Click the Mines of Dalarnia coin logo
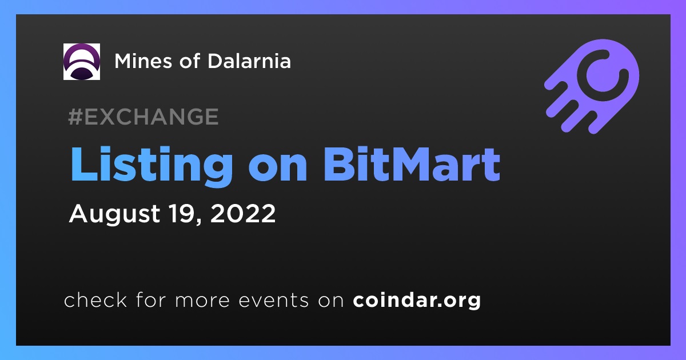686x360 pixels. click(x=81, y=62)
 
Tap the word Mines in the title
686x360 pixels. click(x=143, y=61)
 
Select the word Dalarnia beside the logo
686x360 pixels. click(x=249, y=61)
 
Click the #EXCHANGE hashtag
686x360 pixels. click(x=143, y=117)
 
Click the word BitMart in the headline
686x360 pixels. click(x=412, y=165)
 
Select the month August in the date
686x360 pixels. click(x=114, y=214)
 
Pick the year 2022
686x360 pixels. click(x=243, y=213)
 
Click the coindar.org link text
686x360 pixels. click(x=417, y=300)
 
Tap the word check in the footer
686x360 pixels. click(x=95, y=299)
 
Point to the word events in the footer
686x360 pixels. click(x=273, y=301)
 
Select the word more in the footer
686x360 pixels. click(x=202, y=301)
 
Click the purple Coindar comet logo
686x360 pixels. click(x=592, y=87)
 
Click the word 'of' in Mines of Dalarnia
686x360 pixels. click(x=190, y=61)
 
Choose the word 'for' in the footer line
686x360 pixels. click(x=151, y=299)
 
